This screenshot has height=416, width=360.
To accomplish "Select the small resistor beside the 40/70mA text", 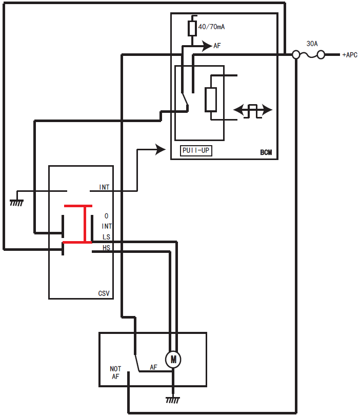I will [x=192, y=28].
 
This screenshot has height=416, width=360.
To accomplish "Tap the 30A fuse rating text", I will [x=312, y=44].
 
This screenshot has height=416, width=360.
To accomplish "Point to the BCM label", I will [x=266, y=152].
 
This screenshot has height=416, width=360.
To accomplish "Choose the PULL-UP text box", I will [x=196, y=151].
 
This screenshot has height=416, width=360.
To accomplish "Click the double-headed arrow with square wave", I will [x=253, y=110].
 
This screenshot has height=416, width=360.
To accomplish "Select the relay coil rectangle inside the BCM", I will [x=211, y=100].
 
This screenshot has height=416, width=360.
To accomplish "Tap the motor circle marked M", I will [x=173, y=360].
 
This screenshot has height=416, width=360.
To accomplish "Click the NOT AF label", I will [x=115, y=372].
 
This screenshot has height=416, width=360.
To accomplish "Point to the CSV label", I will [x=104, y=294].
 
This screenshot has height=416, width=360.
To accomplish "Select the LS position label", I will [x=106, y=237].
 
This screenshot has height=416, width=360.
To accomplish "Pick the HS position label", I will [x=106, y=248].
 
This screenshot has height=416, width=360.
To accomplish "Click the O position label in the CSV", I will [x=106, y=216].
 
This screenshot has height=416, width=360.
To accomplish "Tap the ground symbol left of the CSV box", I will [x=16, y=202].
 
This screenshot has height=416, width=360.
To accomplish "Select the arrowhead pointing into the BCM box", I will [x=161, y=150].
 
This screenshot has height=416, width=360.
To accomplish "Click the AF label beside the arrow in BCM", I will [x=217, y=46].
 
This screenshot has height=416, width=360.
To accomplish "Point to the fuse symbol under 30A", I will [x=308, y=54].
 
